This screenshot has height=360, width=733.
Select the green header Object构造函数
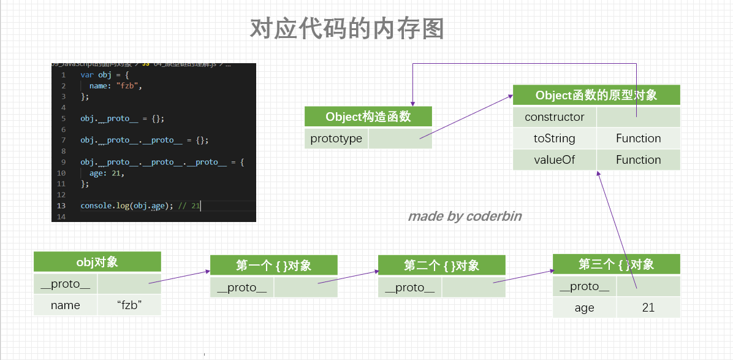coord(368,117)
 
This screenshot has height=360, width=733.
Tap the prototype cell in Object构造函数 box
coord(336,139)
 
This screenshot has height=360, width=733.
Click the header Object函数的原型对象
coord(596,95)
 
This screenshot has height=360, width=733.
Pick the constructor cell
coord(555,117)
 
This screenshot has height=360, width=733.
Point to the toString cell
coord(555,139)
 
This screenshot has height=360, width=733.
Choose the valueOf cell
coord(555,160)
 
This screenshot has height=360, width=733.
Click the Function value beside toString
coord(638,139)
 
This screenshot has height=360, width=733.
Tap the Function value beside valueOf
coord(638,160)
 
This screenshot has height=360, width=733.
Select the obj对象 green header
coord(97,262)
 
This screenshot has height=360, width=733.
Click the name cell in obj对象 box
coord(66,305)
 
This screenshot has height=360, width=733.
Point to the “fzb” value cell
coord(129,305)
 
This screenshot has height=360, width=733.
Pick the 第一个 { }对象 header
coord(273,266)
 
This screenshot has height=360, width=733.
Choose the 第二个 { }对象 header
coord(441,266)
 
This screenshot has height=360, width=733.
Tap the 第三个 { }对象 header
coord(616,264)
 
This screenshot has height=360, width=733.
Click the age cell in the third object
coord(584,308)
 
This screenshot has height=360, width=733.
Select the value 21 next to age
coord(648,308)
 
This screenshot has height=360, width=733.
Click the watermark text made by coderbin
coord(465,216)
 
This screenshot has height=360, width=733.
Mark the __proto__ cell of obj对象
coord(66,284)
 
